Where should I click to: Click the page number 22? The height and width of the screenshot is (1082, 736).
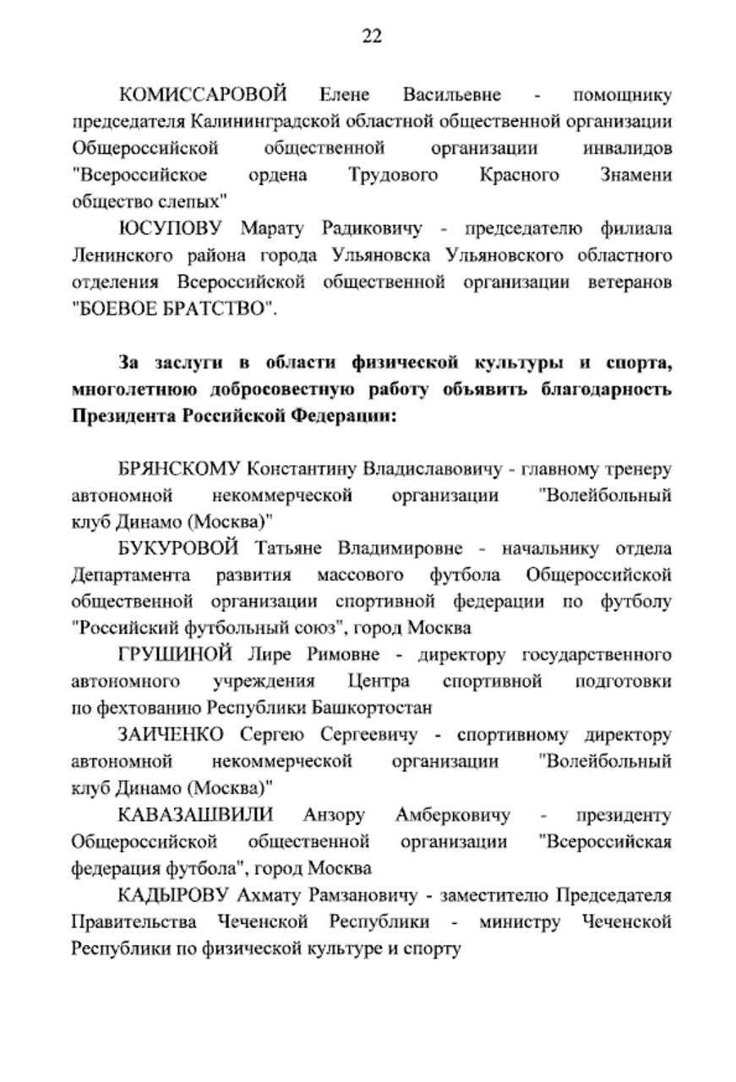[372, 36]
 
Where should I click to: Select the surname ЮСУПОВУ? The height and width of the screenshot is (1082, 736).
[169, 229]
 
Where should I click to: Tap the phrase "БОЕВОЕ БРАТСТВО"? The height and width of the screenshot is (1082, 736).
[173, 309]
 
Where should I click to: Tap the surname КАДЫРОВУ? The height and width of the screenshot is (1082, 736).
[174, 895]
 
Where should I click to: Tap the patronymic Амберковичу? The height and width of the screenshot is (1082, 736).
[452, 816]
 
